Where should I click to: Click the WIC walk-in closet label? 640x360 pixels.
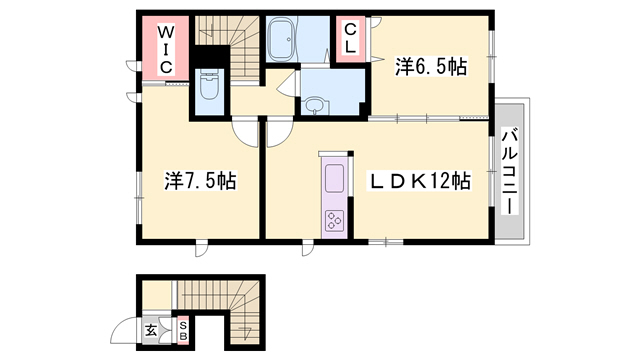click(165, 49)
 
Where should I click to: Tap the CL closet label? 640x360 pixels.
click(350, 39)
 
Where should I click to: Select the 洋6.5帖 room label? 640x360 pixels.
click(431, 67)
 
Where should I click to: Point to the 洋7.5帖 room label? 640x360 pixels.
click(200, 181)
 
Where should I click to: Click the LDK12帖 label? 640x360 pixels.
click(420, 181)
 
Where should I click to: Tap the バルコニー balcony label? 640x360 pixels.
click(510, 171)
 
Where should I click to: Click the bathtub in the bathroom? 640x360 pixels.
click(282, 40)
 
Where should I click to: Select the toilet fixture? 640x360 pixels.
click(210, 84)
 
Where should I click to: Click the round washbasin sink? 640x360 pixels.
click(314, 106)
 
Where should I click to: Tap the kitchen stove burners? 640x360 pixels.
click(334, 221)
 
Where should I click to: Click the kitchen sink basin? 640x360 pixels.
click(334, 178)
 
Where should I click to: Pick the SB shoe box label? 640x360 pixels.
click(183, 331)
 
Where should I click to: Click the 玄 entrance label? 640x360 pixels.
click(151, 331)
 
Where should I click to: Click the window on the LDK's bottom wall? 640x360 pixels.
click(386, 242)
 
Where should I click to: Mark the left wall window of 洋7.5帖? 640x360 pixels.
click(139, 198)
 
